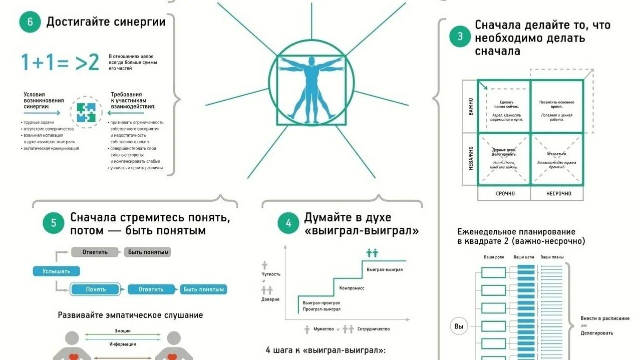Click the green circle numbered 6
coord(30,22)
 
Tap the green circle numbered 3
coord(460,37)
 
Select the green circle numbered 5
coord(54,223)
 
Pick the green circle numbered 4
coord(288,223)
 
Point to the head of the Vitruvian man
coord(311,62)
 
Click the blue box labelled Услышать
coord(56,271)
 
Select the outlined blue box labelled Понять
coord(96,289)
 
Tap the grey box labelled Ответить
coord(95,252)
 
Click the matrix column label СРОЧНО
coord(505,193)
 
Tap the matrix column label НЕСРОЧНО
coord(558,193)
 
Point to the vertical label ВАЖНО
coord(470,106)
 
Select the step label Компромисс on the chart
coord(352,288)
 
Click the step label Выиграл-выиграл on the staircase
coord(385,269)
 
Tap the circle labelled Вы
coord(459,327)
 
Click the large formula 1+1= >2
coord(60,63)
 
